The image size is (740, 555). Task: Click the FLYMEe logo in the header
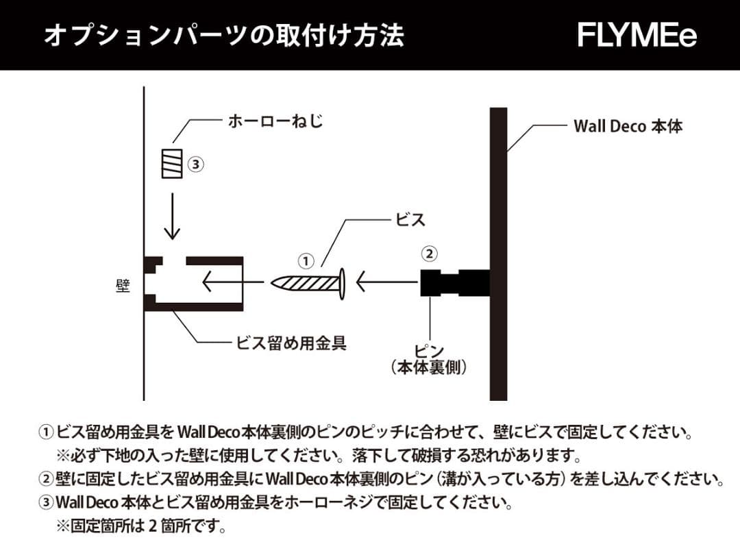637,35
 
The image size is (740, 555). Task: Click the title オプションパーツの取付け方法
223,35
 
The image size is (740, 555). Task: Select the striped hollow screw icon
172,163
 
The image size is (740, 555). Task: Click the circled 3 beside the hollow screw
197,164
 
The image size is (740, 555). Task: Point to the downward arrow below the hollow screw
172,216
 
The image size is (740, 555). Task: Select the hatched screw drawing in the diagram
308,282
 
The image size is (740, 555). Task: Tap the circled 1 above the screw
306,260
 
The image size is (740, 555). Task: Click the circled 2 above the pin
429,253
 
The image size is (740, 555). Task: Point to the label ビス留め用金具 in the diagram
291,343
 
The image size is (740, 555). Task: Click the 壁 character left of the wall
123,284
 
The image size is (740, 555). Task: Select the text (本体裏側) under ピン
430,367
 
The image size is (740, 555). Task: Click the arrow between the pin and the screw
387,282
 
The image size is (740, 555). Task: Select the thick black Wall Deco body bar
498,254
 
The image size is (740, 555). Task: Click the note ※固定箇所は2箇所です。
140,527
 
